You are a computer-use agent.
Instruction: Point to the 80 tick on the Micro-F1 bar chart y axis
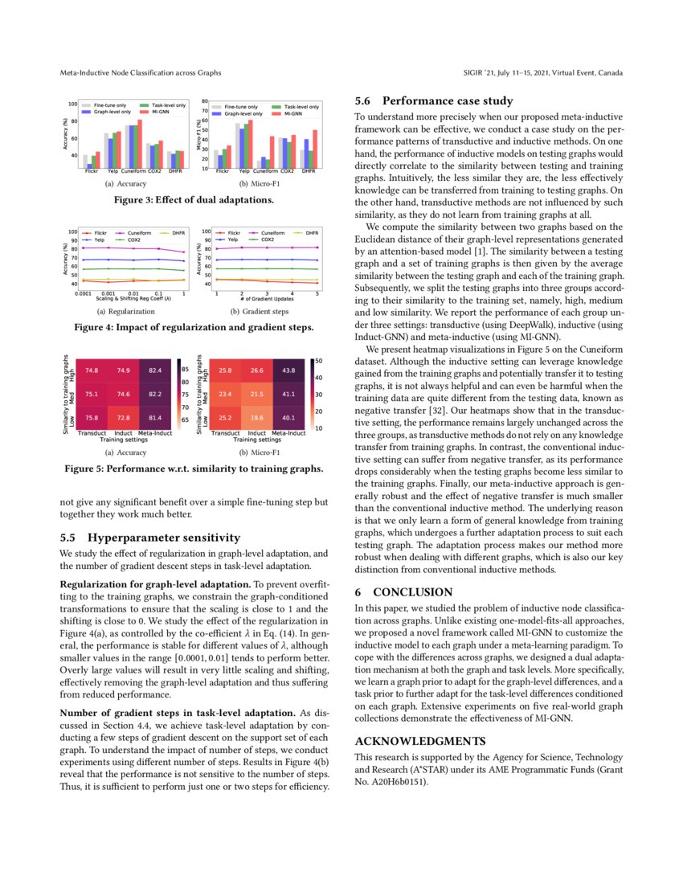(x=206, y=102)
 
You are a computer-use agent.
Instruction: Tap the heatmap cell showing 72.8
(x=124, y=418)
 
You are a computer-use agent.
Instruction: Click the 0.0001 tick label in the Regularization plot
(x=82, y=294)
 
